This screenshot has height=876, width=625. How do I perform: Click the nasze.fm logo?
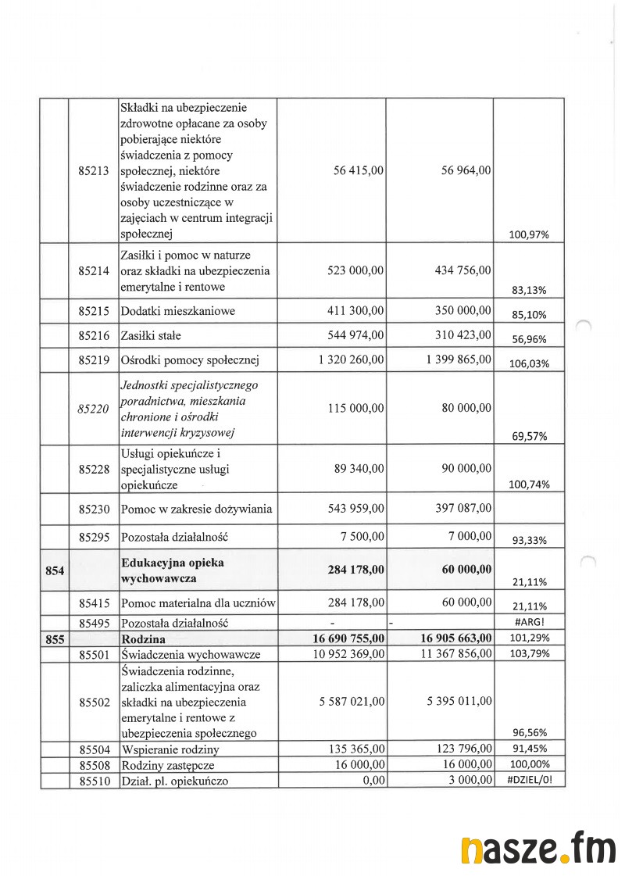(x=537, y=849)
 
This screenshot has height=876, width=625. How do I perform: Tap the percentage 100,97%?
(x=529, y=234)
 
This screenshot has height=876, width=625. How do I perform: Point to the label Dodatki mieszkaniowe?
(x=178, y=311)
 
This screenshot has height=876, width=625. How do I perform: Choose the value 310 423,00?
(x=463, y=335)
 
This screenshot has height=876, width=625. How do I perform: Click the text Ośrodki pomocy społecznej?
(x=189, y=361)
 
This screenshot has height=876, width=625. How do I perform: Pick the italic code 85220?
(x=94, y=409)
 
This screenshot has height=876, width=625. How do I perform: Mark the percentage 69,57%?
(x=529, y=437)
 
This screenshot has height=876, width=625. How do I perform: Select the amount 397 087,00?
(x=463, y=509)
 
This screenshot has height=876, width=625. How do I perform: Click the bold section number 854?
(x=55, y=570)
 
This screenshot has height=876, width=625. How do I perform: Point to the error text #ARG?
(x=529, y=623)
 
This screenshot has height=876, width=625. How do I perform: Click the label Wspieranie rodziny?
(x=169, y=749)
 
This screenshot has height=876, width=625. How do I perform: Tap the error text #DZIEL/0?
(x=529, y=779)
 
